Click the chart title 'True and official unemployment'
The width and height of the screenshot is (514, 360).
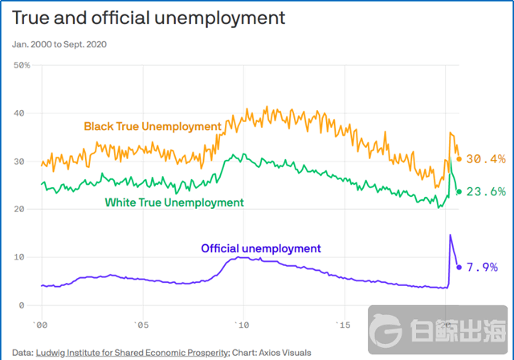tap(149, 17)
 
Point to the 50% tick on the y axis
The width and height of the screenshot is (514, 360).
tap(22, 65)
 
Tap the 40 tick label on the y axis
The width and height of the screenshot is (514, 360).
tap(23, 113)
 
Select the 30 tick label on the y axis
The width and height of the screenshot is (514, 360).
tap(23, 162)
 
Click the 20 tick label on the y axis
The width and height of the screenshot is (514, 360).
tap(23, 209)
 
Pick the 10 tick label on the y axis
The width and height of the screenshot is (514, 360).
tap(23, 257)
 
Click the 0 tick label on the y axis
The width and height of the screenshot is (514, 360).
tap(27, 305)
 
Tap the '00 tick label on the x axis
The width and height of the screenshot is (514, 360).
tap(39, 325)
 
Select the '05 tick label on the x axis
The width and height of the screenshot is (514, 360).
tap(140, 325)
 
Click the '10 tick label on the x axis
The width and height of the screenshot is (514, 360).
tap(242, 325)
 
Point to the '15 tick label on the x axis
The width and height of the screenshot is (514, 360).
tap(344, 325)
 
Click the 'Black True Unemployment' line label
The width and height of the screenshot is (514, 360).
tap(153, 126)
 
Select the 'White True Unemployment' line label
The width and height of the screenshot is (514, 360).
tap(173, 202)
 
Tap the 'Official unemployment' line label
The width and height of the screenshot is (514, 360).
tap(260, 248)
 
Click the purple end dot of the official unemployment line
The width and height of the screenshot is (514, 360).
tap(459, 267)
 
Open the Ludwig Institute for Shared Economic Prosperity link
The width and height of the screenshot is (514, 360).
tap(133, 352)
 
